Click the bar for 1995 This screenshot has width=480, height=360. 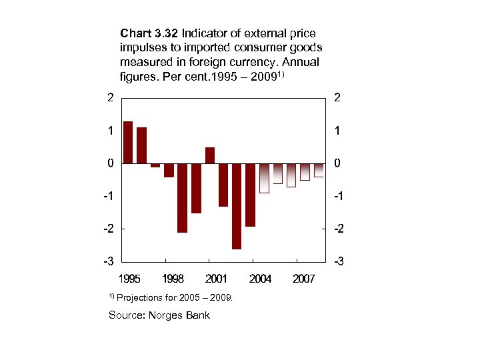[x=128, y=142]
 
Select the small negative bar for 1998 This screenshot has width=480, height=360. [x=169, y=170]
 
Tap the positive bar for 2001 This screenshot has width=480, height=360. [x=209, y=155]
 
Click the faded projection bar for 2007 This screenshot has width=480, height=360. [x=305, y=171]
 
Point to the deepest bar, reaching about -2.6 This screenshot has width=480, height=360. [x=237, y=206]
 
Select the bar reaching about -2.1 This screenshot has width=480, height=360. [x=182, y=197]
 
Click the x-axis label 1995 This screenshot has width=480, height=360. [x=129, y=278]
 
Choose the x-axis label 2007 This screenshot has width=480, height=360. [x=304, y=278]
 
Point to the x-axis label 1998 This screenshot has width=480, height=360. [x=173, y=278]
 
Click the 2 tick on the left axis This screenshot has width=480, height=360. [x=109, y=97]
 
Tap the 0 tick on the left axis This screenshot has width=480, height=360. [x=109, y=163]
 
